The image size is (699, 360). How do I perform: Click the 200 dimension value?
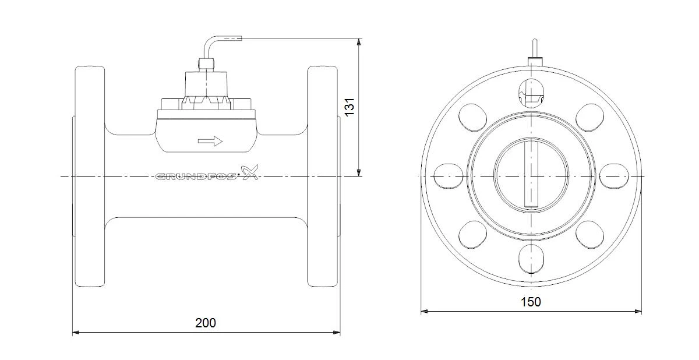point(205,323)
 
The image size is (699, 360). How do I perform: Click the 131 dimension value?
point(350,107)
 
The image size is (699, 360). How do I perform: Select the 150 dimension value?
point(531,302)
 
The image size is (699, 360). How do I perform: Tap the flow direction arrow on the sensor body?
point(210,142)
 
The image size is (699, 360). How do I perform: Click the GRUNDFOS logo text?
point(196,177)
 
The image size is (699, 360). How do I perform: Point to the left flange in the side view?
point(90,177)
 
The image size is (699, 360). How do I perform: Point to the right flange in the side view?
point(323,177)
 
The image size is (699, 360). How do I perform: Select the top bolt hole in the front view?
point(531,93)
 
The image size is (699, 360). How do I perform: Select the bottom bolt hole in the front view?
point(531,259)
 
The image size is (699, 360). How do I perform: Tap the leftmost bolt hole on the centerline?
point(449,177)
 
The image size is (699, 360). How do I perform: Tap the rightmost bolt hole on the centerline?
point(614,177)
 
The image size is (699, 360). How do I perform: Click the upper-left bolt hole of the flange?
point(472,117)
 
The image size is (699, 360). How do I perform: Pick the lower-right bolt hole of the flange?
point(589,235)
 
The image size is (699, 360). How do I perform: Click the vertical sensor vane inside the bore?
point(531,174)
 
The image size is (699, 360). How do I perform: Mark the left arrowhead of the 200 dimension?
point(76,333)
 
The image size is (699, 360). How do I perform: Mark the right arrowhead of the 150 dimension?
point(638,311)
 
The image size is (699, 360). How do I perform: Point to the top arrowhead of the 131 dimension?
point(359,42)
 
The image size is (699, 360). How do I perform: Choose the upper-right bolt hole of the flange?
point(589,117)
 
